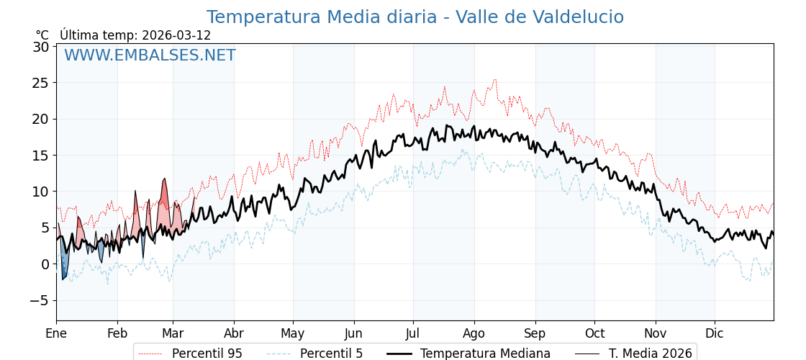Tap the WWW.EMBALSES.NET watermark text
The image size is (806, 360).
point(150,55)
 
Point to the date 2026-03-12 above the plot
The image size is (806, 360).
point(176,35)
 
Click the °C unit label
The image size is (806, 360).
point(42,35)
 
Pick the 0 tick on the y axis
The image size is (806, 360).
point(45,264)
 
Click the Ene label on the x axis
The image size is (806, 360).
point(56,333)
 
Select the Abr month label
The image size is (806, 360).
point(234,333)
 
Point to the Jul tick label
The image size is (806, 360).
point(413,333)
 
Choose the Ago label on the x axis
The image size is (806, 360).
point(474,333)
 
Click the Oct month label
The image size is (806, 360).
point(594,333)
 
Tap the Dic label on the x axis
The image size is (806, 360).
point(715,333)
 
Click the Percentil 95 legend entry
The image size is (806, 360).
point(207,354)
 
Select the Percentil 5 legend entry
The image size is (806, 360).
point(331,354)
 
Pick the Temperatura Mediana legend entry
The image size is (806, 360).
point(485,354)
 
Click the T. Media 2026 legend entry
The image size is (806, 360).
point(650,354)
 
